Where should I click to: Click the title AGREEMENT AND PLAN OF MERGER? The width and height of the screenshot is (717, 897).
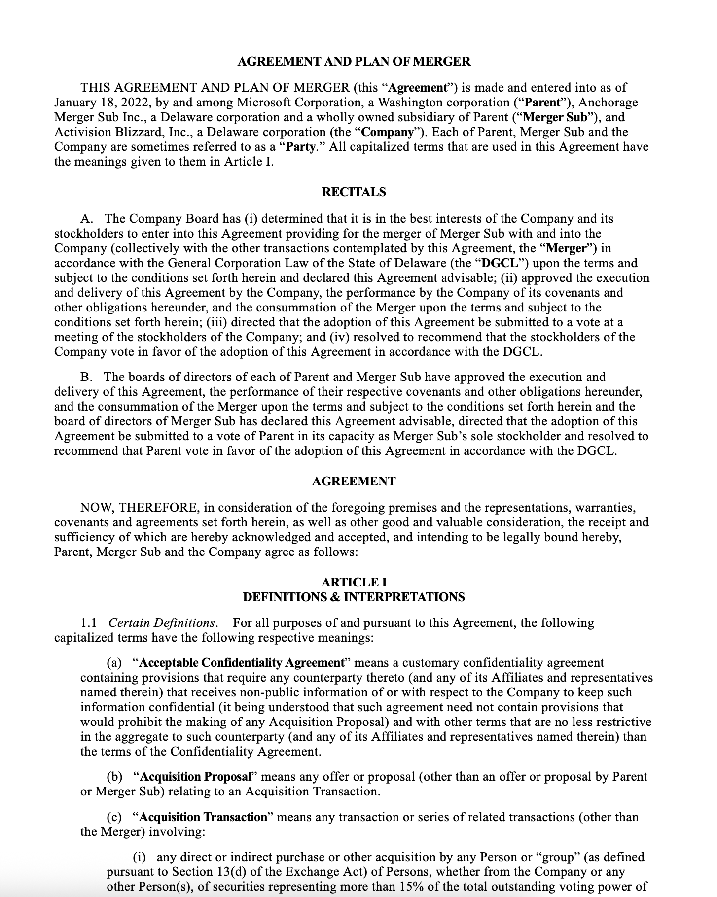(354, 62)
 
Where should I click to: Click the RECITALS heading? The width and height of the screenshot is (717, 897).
(354, 192)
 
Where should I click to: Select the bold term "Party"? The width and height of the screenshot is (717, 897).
(300, 147)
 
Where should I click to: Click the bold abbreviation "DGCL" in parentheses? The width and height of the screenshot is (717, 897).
(501, 263)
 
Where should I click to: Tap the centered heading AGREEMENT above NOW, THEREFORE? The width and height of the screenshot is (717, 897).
(354, 482)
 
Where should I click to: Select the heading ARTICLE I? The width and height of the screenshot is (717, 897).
(354, 582)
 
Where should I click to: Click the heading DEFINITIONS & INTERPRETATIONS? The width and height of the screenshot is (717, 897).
(354, 597)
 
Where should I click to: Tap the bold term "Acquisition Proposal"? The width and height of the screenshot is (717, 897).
(195, 777)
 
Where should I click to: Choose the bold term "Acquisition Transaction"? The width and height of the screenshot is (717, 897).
(203, 817)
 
